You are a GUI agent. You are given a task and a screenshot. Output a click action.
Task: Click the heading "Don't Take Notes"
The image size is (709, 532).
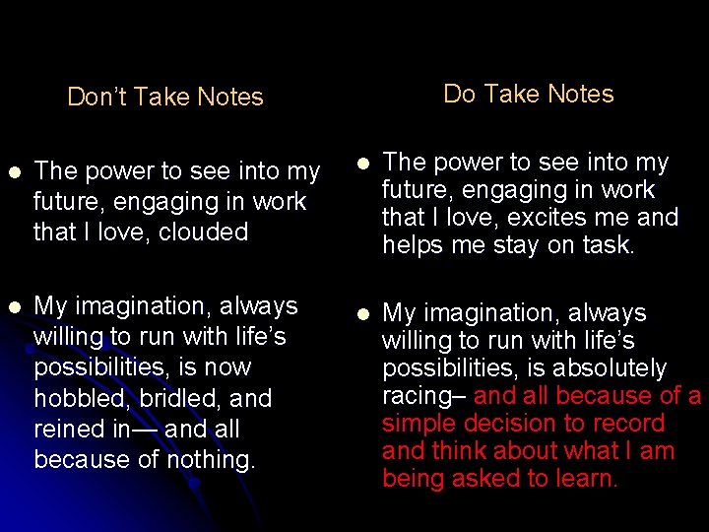tap(164, 97)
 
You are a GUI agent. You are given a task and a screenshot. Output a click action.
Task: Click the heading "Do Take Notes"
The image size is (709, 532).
tap(528, 94)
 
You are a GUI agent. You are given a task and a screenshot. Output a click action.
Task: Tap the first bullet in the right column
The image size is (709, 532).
tap(362, 164)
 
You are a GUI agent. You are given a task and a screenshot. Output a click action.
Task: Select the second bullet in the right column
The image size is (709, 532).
tap(362, 314)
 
